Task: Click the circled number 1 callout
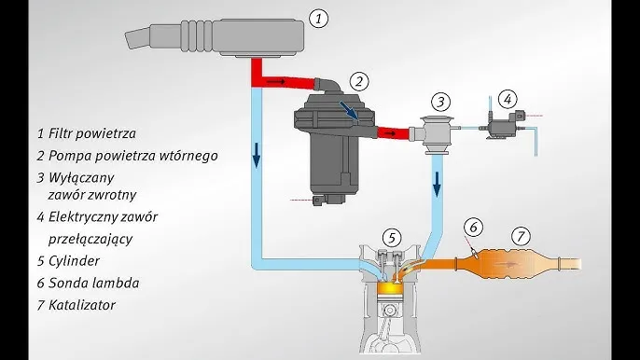(x=318, y=19)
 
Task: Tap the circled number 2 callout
(x=359, y=82)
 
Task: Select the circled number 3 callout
(x=440, y=102)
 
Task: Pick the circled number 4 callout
(x=508, y=99)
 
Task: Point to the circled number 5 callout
(x=392, y=238)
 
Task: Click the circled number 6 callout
(x=474, y=228)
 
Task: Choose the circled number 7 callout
(x=521, y=236)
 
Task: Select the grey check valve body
(x=436, y=135)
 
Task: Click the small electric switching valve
(x=501, y=124)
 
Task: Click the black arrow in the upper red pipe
(x=276, y=82)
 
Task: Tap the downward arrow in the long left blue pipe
(x=256, y=156)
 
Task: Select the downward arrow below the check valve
(x=438, y=185)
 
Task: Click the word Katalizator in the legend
(x=82, y=305)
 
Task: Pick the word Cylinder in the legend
(x=74, y=261)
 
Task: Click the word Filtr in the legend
(x=61, y=133)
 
